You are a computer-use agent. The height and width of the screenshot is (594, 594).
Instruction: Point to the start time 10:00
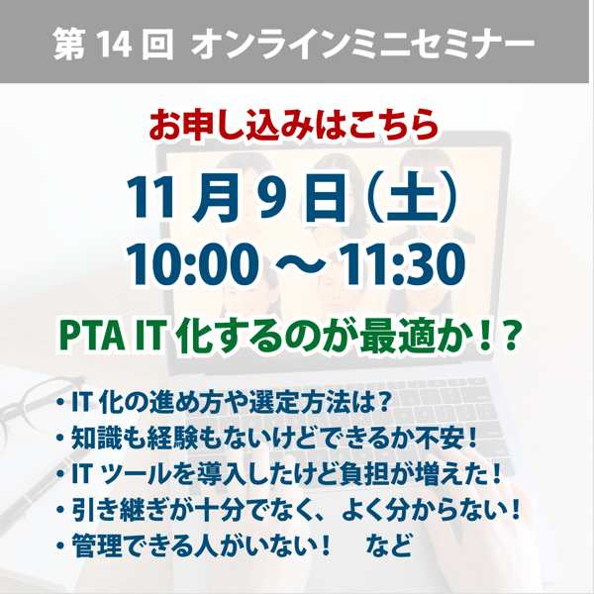tap(192, 264)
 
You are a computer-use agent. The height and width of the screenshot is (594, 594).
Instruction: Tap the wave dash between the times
tap(299, 265)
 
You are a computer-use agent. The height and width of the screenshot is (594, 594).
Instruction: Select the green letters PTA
tap(92, 336)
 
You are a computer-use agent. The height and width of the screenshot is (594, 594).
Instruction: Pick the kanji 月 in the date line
tap(212, 197)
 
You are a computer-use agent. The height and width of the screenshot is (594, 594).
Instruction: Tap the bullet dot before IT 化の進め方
tap(60, 402)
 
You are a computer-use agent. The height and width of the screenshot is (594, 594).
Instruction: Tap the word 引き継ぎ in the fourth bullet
tap(120, 510)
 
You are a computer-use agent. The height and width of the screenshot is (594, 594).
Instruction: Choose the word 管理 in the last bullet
tap(92, 545)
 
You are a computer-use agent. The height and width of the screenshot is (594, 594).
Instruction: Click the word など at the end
tap(389, 545)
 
